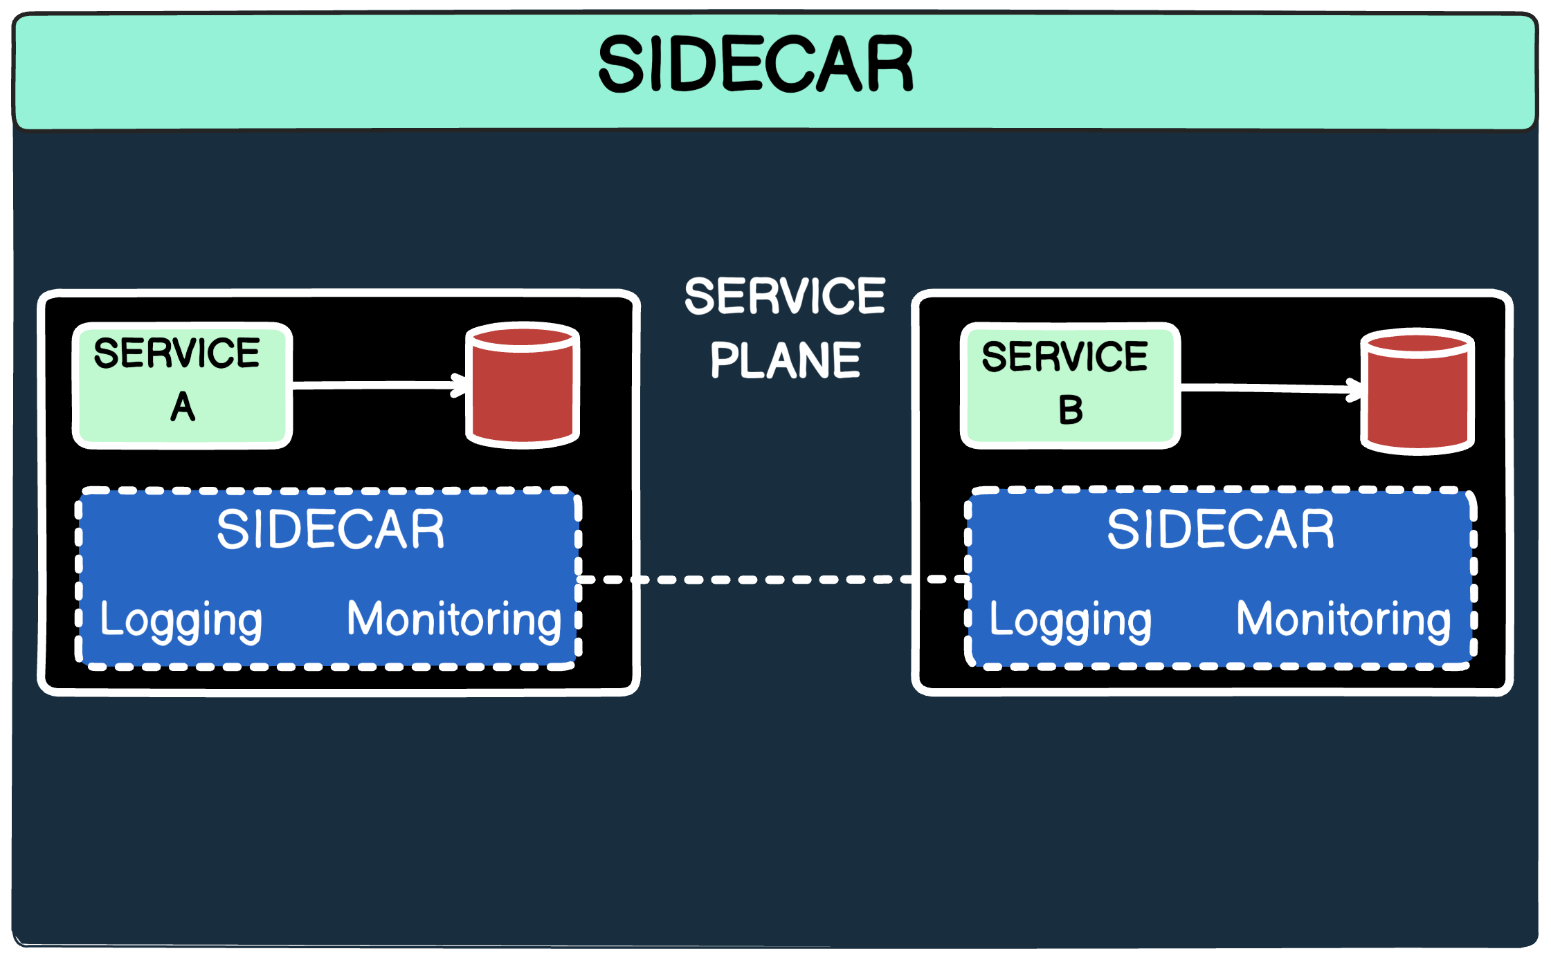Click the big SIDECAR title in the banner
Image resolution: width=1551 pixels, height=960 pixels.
(756, 64)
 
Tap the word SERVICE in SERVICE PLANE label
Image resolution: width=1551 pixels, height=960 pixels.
(785, 296)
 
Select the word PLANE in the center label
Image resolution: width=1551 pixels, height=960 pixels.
(785, 360)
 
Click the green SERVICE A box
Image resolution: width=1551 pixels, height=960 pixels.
(182, 385)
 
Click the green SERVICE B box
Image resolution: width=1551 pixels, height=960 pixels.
(1070, 385)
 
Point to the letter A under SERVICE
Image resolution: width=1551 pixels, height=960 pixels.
(183, 407)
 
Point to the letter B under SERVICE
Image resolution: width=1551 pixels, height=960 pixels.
(1070, 410)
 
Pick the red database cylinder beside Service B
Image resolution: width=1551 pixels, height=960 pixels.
(1417, 400)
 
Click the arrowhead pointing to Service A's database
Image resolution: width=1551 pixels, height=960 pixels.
(460, 385)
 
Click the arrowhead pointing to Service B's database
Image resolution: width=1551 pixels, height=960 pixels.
(1354, 390)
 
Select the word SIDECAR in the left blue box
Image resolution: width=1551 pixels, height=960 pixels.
(330, 530)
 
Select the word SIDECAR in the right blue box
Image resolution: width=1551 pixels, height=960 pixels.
(1220, 530)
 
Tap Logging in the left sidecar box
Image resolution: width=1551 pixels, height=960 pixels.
(181, 620)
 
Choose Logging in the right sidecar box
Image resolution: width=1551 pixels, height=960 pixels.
(1070, 620)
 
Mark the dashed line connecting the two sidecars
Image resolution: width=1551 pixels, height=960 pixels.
(772, 580)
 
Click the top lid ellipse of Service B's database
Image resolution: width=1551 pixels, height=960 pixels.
(1417, 343)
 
